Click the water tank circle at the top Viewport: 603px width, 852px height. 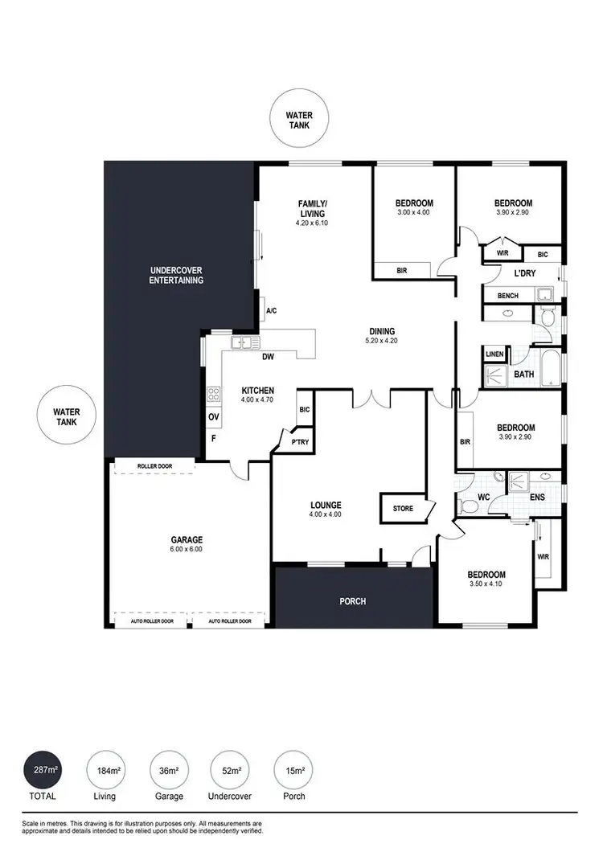pos(299,121)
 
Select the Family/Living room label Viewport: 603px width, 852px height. pos(312,209)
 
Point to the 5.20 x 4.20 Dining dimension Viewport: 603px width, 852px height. pos(382,341)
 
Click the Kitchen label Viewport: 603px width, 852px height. pos(258,391)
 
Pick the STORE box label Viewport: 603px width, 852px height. pos(403,508)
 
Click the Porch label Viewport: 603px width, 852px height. pos(352,600)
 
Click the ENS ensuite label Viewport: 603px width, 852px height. pos(537,498)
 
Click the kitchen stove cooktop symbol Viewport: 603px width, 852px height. pos(214,394)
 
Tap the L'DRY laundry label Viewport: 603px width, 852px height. pos(525,274)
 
